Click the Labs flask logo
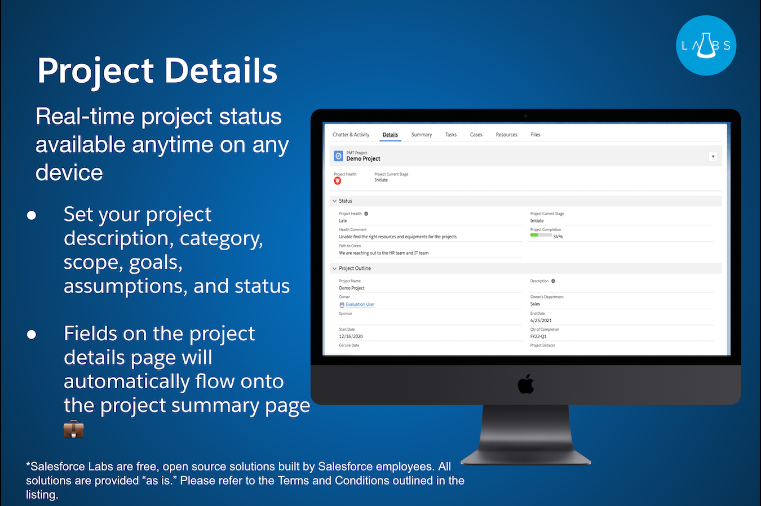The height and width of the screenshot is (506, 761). pyautogui.click(x=706, y=46)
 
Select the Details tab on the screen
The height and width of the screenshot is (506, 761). pyautogui.click(x=390, y=135)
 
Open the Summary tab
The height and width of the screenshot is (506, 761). pyautogui.click(x=421, y=135)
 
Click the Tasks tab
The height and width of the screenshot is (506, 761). pyautogui.click(x=450, y=135)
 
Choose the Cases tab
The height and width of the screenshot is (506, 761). pyautogui.click(x=476, y=135)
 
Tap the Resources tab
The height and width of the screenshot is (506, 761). pyautogui.click(x=506, y=135)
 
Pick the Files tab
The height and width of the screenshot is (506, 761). pyautogui.click(x=535, y=135)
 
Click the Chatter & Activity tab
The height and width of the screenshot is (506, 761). pyautogui.click(x=351, y=135)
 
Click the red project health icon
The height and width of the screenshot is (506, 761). pyautogui.click(x=337, y=181)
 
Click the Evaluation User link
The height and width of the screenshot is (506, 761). pyautogui.click(x=360, y=304)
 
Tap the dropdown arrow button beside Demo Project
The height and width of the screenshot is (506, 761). pyautogui.click(x=713, y=157)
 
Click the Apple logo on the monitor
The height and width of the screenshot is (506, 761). pyautogui.click(x=525, y=384)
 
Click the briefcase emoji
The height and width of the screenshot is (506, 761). pyautogui.click(x=73, y=429)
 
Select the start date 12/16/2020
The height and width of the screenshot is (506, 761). pyautogui.click(x=351, y=336)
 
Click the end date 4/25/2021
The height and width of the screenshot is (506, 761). pyautogui.click(x=541, y=321)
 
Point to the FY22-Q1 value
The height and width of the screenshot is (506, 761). pyautogui.click(x=538, y=336)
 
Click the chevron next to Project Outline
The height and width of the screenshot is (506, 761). pyautogui.click(x=334, y=269)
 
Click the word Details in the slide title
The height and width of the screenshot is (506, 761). pyautogui.click(x=220, y=71)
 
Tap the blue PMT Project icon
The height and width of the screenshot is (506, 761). pyautogui.click(x=338, y=156)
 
